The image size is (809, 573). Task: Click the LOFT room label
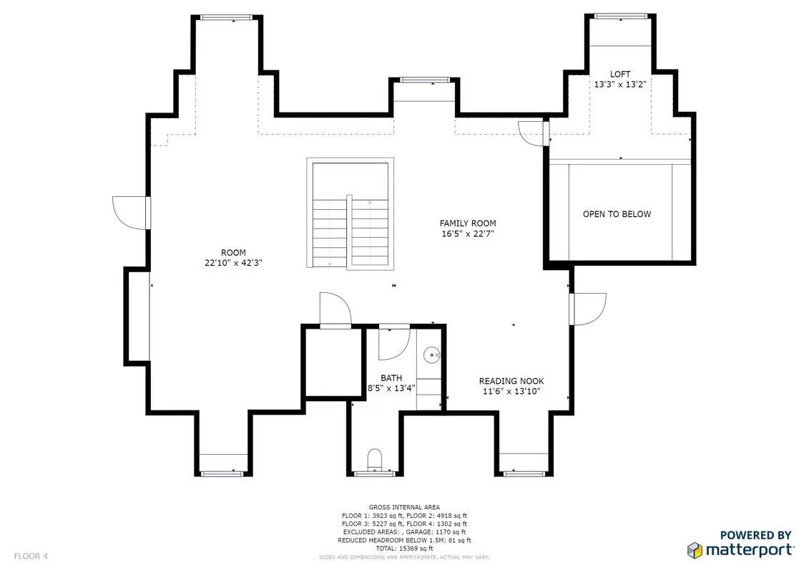click(x=619, y=74)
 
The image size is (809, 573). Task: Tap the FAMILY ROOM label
click(x=467, y=223)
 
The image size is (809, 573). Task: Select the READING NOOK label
click(x=511, y=381)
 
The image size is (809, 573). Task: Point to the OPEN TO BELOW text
click(x=617, y=214)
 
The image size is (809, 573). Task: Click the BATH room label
click(x=391, y=378)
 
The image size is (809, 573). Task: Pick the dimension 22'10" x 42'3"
click(x=233, y=262)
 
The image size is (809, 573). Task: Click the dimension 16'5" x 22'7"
click(x=467, y=233)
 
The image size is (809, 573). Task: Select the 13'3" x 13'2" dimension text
click(x=619, y=85)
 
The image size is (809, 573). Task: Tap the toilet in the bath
click(x=375, y=459)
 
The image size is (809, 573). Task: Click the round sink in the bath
click(x=431, y=355)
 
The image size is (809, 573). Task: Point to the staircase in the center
click(x=350, y=213)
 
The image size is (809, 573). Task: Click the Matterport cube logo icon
click(x=695, y=550)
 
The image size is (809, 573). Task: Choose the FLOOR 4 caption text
click(x=31, y=557)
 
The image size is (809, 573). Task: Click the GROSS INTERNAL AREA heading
click(x=404, y=507)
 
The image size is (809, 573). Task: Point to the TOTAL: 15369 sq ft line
click(x=404, y=548)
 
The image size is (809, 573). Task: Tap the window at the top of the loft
click(x=620, y=16)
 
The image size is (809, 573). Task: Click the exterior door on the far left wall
click(x=132, y=212)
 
